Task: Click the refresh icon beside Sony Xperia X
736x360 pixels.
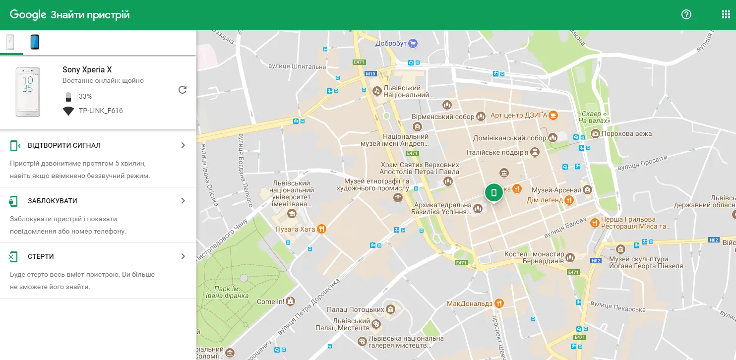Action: coord(183,90)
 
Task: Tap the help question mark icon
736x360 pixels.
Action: coord(686,14)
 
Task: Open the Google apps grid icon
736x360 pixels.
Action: coord(726,14)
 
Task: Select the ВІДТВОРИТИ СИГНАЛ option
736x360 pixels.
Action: coord(98,145)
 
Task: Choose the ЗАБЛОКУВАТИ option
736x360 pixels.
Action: coord(98,201)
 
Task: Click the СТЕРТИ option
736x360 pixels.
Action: coord(98,256)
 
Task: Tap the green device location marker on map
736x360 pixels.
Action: coord(493,193)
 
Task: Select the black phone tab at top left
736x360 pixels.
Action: coord(34,42)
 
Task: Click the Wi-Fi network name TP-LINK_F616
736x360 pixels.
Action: coord(101,111)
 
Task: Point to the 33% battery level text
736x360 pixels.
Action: coord(85,96)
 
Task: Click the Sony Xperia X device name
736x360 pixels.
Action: coord(87,70)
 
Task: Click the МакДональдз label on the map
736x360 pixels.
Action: coord(470,303)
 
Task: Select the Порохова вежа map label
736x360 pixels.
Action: coord(626,134)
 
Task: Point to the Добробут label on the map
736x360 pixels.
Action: coord(391,43)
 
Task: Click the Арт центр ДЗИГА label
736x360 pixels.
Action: coord(518,116)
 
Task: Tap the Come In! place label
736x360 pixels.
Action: coord(270,301)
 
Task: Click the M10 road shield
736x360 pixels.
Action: coord(370,74)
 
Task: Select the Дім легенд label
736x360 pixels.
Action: coord(544,200)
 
